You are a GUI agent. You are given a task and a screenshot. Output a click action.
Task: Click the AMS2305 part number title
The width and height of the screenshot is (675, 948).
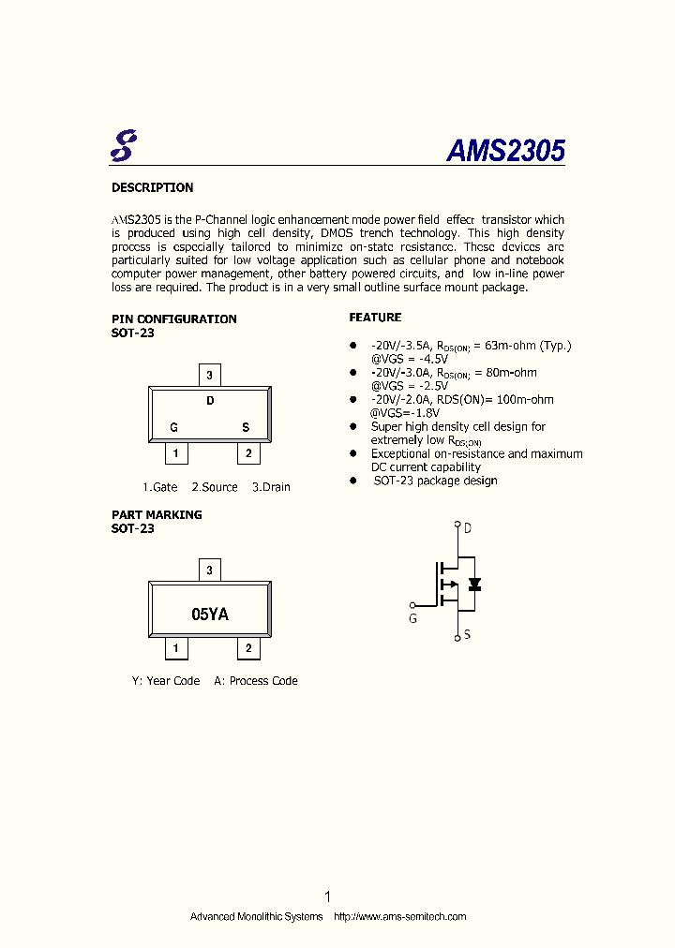505,151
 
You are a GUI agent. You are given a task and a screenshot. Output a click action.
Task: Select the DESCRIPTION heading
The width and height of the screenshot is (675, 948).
152,187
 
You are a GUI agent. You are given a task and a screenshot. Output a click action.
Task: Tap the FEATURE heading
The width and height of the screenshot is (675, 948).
375,318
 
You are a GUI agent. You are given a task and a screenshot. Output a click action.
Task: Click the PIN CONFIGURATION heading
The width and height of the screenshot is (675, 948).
173,318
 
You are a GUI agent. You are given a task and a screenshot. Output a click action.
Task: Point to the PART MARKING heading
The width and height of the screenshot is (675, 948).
157,514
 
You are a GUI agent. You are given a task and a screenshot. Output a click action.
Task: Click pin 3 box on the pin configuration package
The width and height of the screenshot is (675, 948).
210,375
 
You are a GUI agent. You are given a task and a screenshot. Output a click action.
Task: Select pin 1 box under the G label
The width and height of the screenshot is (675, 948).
175,454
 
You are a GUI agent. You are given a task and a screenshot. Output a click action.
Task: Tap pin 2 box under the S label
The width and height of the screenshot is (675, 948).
247,454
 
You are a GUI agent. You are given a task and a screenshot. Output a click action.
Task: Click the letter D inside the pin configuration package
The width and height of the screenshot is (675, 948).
210,401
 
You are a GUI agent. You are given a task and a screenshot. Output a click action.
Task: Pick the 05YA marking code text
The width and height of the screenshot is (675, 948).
210,615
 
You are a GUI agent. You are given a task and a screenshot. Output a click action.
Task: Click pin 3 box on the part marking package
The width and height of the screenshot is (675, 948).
210,570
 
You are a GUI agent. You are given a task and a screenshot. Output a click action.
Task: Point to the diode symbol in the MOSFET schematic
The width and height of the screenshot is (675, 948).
474,585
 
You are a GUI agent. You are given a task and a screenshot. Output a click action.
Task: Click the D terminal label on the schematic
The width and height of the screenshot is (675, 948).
467,528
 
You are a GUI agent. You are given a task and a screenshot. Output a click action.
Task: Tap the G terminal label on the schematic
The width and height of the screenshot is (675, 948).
412,618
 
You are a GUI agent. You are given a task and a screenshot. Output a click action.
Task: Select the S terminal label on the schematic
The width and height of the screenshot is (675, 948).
467,634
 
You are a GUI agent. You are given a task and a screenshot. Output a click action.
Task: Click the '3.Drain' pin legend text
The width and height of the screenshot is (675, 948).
271,487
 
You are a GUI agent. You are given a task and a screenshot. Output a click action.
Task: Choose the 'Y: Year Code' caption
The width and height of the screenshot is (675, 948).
166,681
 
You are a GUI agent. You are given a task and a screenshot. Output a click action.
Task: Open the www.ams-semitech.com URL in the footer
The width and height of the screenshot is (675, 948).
400,916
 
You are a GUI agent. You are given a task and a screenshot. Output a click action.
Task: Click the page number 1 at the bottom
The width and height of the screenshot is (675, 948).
327,896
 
